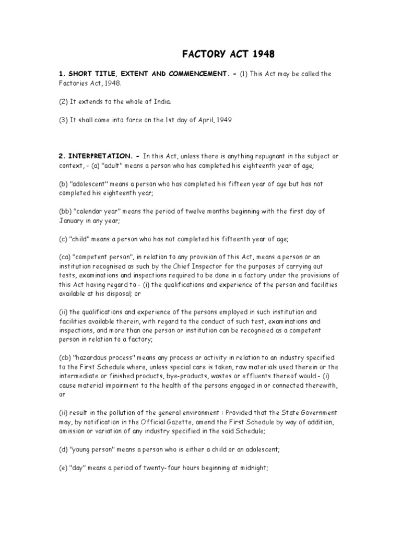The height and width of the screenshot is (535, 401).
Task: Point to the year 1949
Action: [x=221, y=120]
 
